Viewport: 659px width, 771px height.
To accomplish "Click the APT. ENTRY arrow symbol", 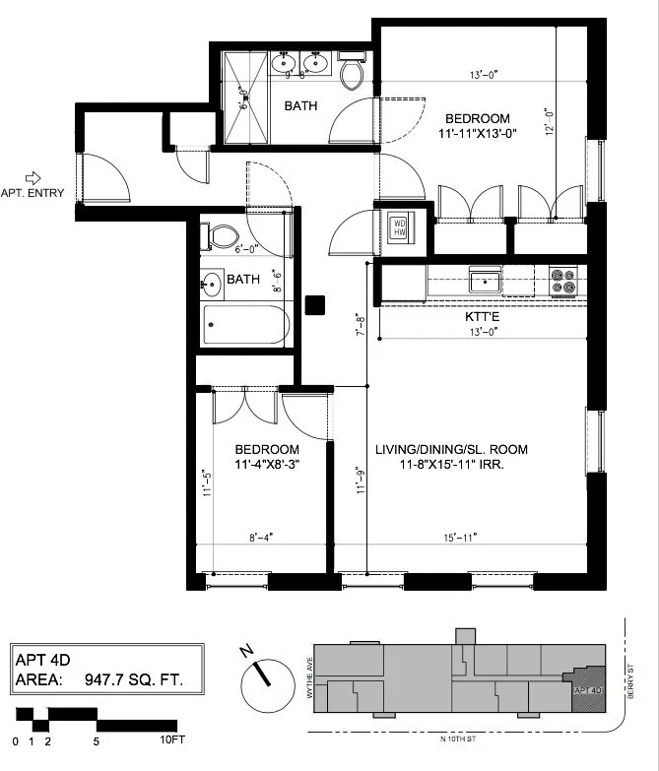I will point(33,177).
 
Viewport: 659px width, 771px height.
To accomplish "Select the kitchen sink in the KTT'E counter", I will point(485,282).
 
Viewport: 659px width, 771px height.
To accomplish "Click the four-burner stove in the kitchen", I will point(562,282).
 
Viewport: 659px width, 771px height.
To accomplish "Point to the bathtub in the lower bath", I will point(244,325).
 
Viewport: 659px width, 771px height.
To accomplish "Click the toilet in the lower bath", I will point(222,236).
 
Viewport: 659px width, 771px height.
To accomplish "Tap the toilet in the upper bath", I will point(352,73).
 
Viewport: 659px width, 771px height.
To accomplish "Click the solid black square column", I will point(315,305).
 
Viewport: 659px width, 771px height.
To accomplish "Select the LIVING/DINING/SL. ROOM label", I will point(451,450).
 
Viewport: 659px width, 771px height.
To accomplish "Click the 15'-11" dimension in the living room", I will point(459,537).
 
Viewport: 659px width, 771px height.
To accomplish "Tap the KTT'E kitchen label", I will point(482,318).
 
